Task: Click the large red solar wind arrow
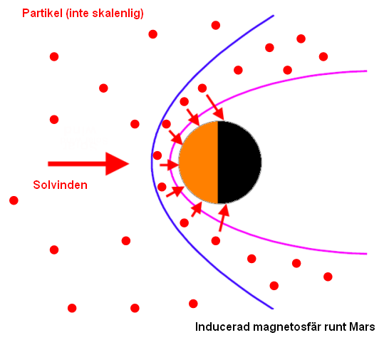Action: point(88,164)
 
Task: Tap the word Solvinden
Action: point(61,185)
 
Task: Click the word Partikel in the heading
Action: point(42,13)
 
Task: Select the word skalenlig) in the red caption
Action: point(118,14)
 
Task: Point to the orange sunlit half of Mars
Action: point(199,163)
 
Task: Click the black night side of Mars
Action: point(239,163)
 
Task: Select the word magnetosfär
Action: point(286,326)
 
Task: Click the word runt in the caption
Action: point(334,326)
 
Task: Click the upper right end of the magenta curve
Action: point(366,71)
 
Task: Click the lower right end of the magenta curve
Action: point(366,254)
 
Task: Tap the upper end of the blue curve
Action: point(273,16)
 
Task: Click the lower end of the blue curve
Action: point(273,309)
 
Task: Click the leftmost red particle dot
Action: point(14,200)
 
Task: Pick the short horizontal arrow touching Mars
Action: point(169,165)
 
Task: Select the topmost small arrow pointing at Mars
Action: point(215,107)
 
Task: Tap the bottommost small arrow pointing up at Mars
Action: point(224,218)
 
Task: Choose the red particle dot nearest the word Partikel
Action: point(54,56)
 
